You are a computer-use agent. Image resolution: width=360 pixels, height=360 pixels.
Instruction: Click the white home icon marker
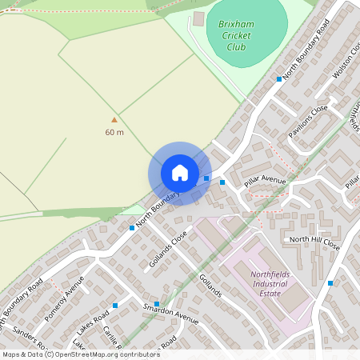[180, 173]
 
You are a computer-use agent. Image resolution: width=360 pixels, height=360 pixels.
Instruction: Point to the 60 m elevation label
[114, 132]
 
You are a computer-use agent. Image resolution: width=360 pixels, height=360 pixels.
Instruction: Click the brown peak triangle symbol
[114, 119]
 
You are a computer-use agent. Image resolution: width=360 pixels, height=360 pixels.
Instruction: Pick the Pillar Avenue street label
[265, 182]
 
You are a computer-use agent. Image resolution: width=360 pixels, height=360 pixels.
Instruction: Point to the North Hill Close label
[314, 242]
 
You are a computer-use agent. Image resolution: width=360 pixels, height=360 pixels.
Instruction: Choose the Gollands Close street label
[168, 249]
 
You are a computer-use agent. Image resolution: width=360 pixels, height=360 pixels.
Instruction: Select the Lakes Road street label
[92, 324]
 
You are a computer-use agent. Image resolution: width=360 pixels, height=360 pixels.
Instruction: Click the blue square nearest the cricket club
[279, 78]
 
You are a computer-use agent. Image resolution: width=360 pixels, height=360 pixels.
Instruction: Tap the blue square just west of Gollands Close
[132, 228]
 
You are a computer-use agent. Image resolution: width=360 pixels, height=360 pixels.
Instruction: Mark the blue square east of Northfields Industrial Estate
[330, 282]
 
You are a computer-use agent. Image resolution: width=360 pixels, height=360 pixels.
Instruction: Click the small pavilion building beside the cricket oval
[198, 18]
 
